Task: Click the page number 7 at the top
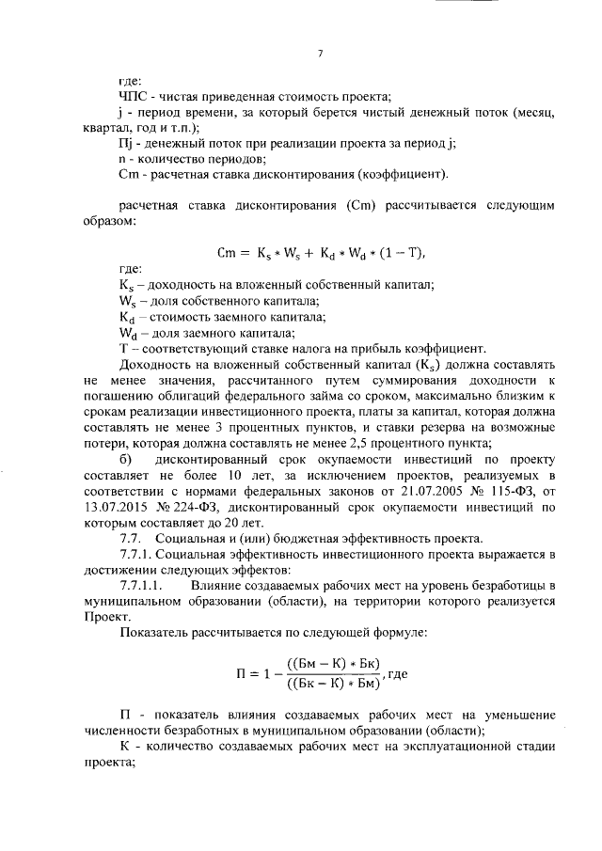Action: click(x=320, y=54)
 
